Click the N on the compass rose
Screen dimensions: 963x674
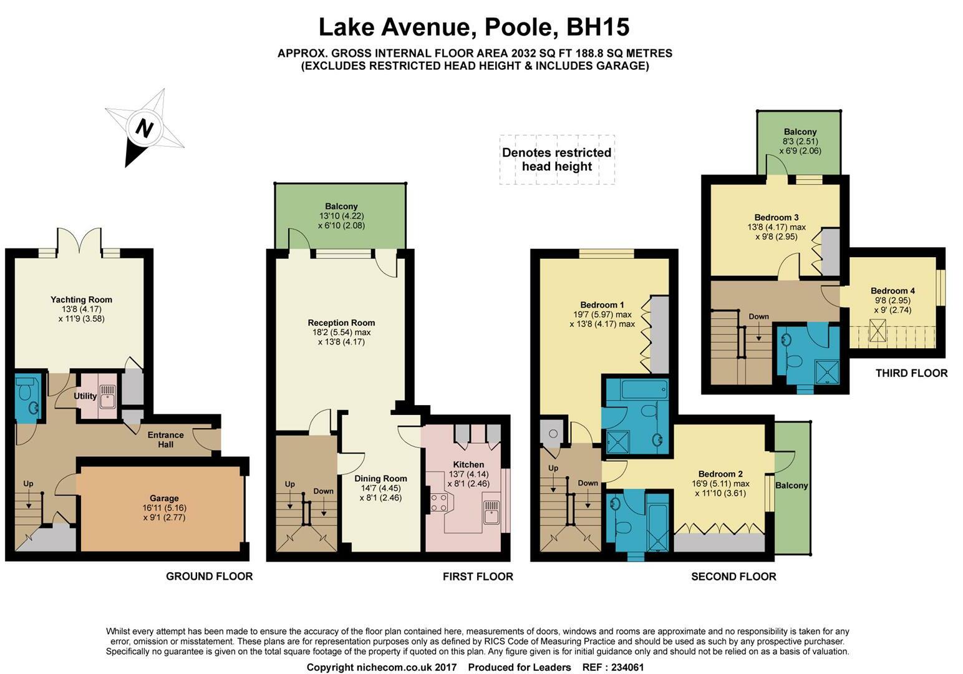pos(145,128)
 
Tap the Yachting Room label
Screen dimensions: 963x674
pos(81,300)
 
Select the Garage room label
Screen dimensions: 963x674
pos(164,498)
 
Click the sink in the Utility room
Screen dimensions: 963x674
pos(107,396)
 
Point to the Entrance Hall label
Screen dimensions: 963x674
pos(165,439)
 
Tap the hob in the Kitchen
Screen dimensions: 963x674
pos(439,502)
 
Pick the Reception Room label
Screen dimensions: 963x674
pos(341,323)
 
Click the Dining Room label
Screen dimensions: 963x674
pos(380,478)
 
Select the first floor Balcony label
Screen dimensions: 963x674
pos(341,206)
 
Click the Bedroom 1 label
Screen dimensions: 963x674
pos(602,305)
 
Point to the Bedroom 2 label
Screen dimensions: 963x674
pos(720,474)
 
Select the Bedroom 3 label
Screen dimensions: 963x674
pos(777,217)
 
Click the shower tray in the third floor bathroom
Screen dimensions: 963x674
pos(827,371)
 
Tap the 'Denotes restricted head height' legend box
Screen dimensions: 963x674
pos(557,160)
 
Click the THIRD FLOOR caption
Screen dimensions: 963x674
pos(911,373)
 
